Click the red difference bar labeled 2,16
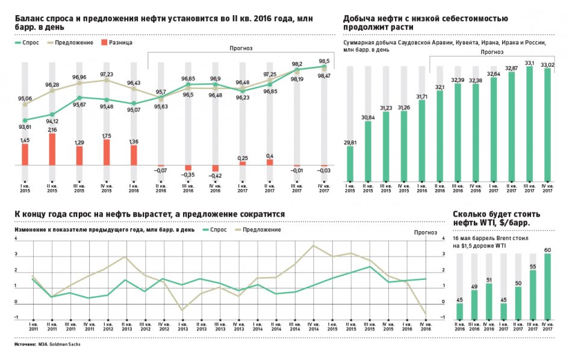(x=52, y=149)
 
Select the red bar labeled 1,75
(x=107, y=152)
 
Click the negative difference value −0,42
(x=215, y=176)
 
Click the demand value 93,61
(x=25, y=127)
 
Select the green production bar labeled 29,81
(x=350, y=163)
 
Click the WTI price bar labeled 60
(x=547, y=286)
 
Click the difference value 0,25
(x=242, y=158)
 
